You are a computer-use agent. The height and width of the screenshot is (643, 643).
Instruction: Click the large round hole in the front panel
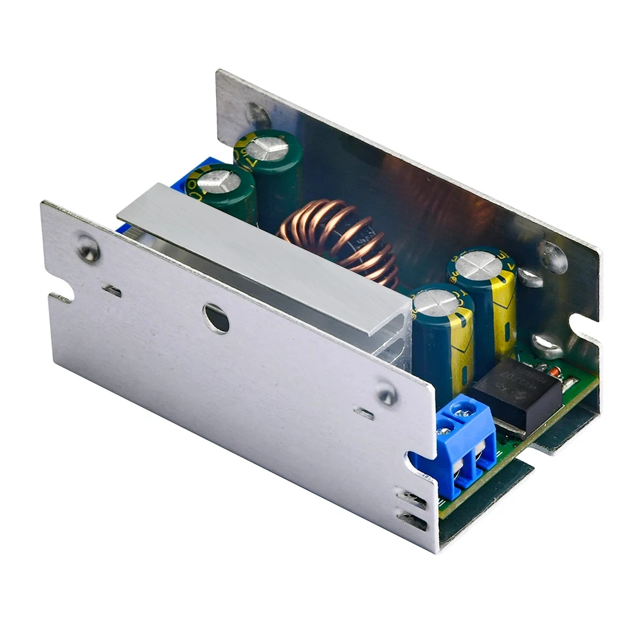[x=216, y=318]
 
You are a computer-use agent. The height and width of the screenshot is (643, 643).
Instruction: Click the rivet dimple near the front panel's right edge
[x=386, y=394]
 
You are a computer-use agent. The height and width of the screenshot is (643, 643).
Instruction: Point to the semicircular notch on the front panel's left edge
[x=62, y=298]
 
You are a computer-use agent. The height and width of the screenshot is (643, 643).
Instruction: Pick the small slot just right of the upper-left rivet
[x=113, y=291]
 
